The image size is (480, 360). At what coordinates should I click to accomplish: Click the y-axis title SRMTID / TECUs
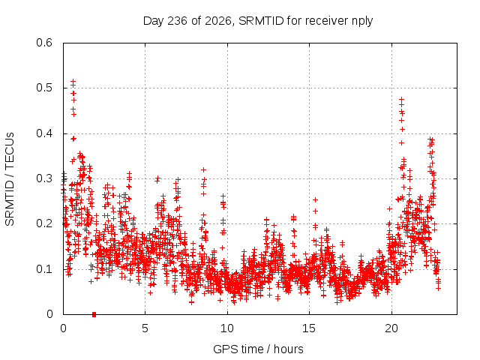coord(10,179)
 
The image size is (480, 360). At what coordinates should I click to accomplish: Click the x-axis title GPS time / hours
coord(258,349)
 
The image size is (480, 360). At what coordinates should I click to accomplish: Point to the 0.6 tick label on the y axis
coord(44,43)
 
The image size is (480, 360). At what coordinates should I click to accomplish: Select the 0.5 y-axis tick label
coord(44,88)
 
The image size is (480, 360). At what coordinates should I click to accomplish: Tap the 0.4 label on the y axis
coord(44,133)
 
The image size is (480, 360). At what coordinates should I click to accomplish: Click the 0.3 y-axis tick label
coord(44,178)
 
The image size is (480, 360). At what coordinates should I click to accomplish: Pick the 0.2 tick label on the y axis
coord(44,223)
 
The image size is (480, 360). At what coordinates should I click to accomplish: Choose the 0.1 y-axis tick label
coord(44,269)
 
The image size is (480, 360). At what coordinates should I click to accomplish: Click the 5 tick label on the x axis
coord(145,328)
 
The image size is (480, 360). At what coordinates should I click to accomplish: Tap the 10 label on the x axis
coord(227,328)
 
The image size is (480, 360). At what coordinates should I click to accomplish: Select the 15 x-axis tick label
coord(309,328)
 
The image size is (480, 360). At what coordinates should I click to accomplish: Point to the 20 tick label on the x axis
coord(391,328)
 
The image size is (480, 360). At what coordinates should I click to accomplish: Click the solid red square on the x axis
coord(94,314)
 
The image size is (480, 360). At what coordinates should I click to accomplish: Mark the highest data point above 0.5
coord(73,81)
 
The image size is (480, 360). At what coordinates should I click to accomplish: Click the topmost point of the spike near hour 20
coord(402,100)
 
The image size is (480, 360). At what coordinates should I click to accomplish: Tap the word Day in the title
coord(154,22)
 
